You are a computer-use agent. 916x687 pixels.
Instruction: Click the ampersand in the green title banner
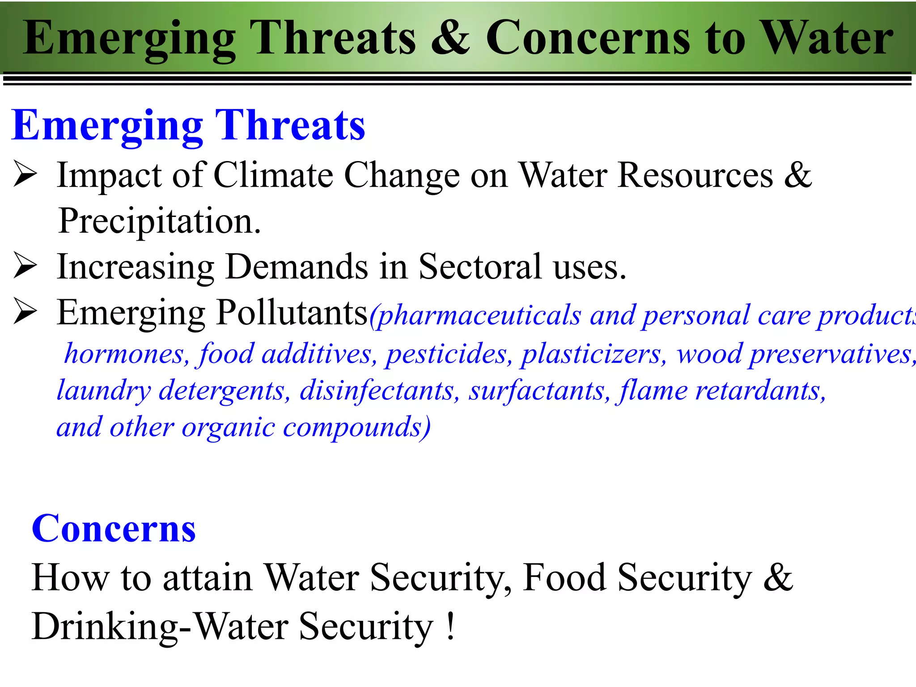450,38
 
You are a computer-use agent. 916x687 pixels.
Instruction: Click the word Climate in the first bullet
273,175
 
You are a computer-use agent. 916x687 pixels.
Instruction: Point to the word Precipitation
159,221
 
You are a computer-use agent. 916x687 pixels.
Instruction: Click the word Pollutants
292,313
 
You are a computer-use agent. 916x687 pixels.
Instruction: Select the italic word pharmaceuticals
479,316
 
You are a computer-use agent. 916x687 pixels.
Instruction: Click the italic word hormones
124,354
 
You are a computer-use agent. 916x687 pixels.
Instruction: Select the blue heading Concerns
114,529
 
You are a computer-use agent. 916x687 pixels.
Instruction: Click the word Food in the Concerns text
564,577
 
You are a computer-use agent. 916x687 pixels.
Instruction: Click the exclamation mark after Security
450,626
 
